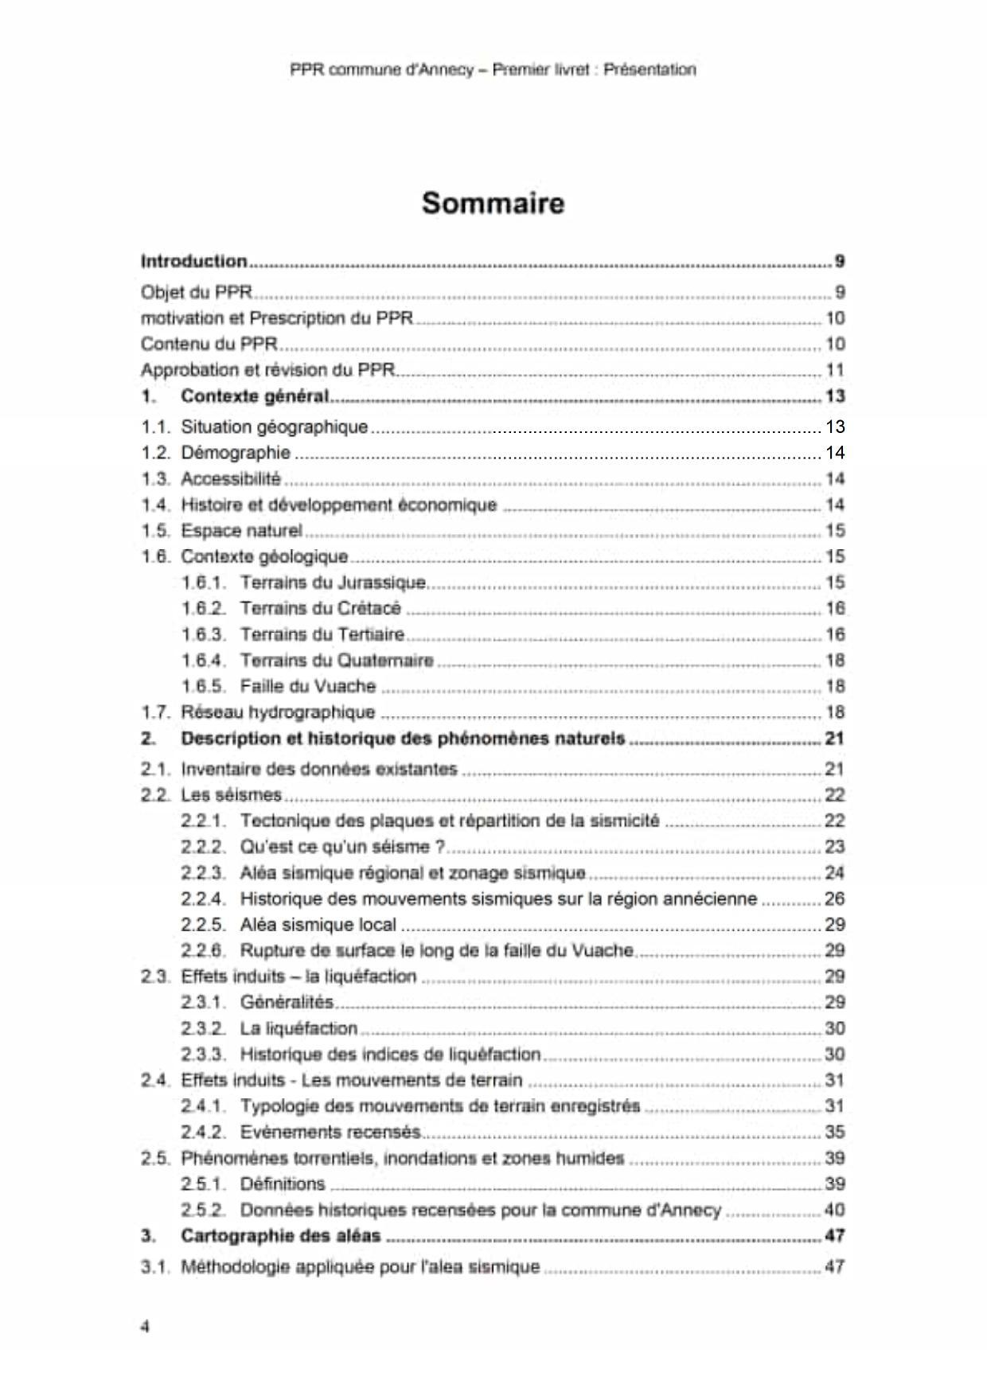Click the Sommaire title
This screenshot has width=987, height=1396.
[493, 203]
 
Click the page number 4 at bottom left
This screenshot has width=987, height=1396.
[145, 1326]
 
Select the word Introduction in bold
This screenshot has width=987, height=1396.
[193, 261]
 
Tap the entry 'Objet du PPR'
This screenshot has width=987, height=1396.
[196, 292]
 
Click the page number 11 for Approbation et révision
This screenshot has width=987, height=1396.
[834, 370]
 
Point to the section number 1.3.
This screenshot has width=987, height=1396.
[156, 479]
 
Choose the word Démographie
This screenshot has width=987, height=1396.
[236, 453]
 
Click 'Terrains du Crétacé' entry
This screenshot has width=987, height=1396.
[320, 609]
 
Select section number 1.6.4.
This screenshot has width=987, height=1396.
[203, 661]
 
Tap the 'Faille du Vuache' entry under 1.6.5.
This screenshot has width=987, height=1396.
[307, 686]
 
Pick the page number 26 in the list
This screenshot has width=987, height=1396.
[834, 899]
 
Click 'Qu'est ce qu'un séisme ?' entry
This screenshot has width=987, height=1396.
[342, 847]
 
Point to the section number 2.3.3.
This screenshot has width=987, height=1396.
[203, 1055]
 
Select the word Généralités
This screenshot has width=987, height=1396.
[287, 1002]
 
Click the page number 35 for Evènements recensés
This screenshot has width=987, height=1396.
[834, 1132]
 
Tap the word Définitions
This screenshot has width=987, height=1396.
[283, 1184]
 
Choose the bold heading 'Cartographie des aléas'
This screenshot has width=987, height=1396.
[280, 1236]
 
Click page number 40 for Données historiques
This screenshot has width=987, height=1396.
[834, 1210]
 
